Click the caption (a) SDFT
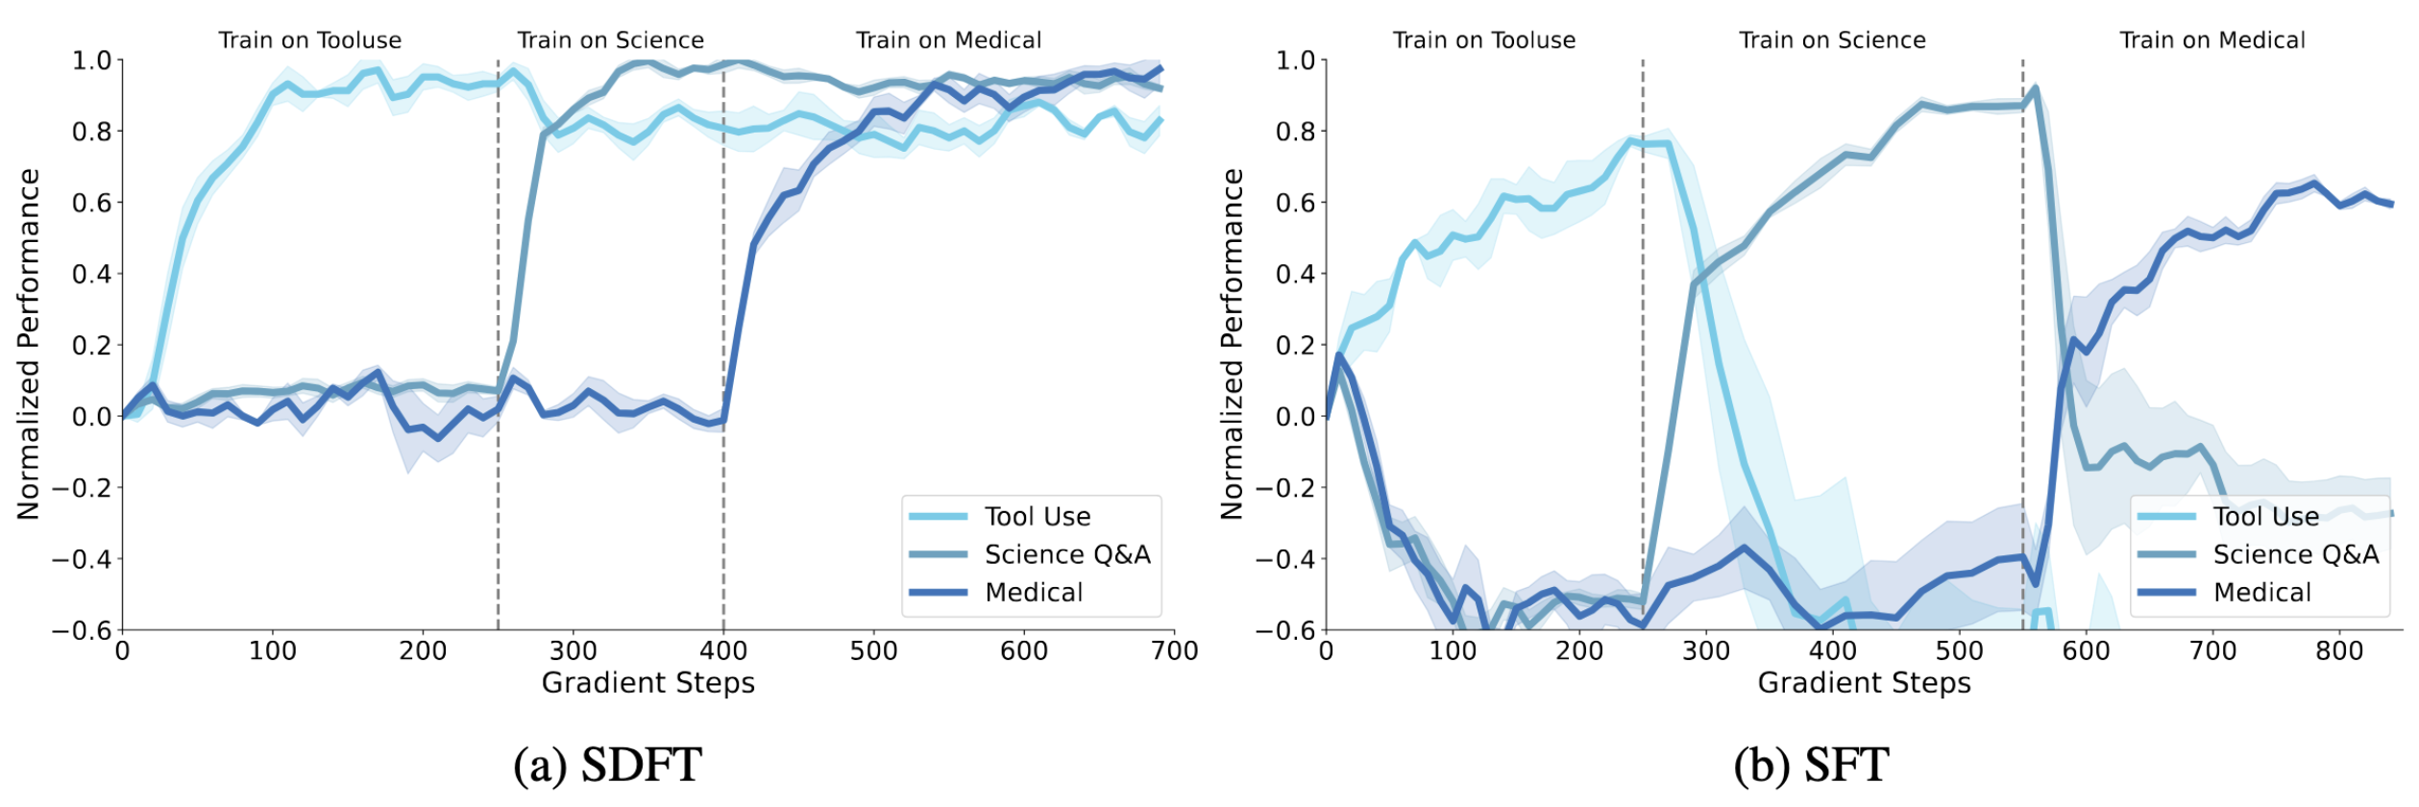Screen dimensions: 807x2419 click(607, 766)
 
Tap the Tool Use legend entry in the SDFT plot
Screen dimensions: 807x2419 click(1037, 517)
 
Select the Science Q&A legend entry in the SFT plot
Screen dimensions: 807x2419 click(2295, 554)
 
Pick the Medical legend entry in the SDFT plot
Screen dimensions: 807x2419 click(1034, 592)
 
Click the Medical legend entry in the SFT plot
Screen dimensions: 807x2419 click(2261, 592)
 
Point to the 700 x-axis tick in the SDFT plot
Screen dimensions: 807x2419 click(1174, 651)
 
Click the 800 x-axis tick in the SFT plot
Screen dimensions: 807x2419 click(2338, 651)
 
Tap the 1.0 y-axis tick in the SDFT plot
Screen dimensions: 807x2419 click(92, 61)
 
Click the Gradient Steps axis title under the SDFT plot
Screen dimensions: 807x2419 click(648, 683)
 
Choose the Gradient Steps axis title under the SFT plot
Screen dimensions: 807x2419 click(1864, 683)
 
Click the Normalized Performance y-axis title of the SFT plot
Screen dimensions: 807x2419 click(1232, 344)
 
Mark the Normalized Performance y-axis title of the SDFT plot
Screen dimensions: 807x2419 click(29, 344)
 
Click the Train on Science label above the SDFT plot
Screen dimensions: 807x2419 click(610, 40)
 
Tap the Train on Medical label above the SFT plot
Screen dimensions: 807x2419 click(2211, 40)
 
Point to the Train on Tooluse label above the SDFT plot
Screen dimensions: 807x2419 click(309, 40)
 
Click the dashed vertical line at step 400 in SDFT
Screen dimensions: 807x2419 click(723, 288)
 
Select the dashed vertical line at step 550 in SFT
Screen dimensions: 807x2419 click(2022, 288)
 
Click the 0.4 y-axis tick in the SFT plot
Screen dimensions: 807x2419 click(1293, 274)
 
